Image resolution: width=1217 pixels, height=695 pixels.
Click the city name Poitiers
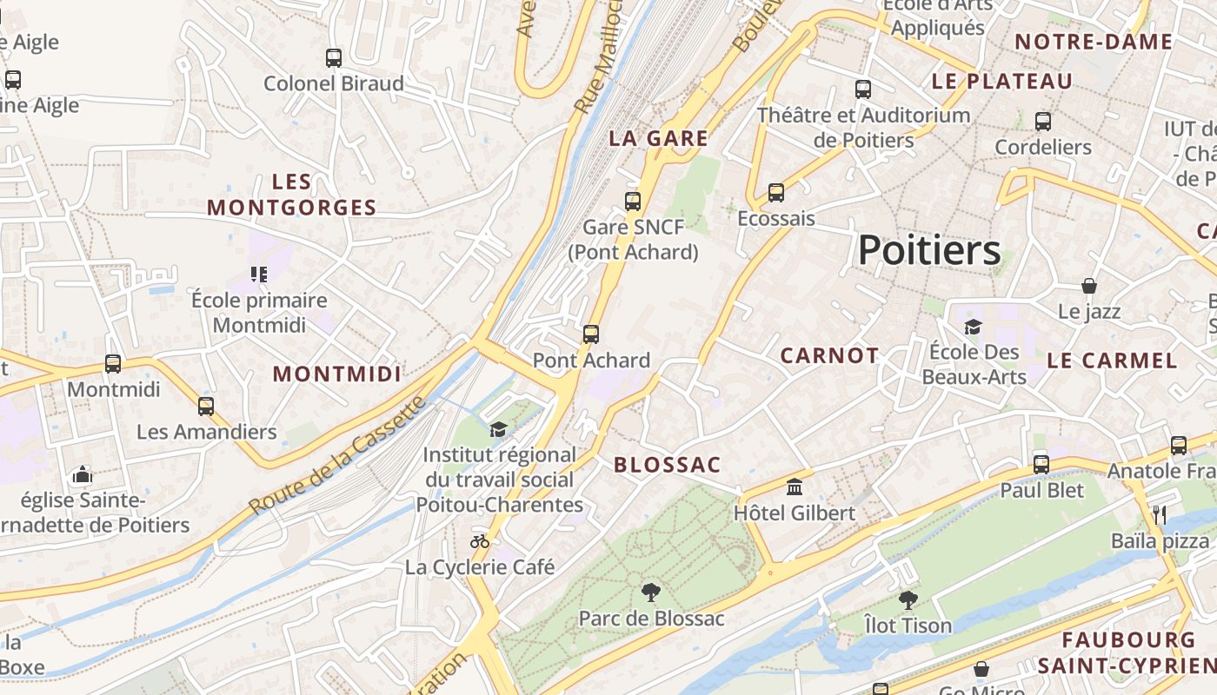pyautogui.click(x=929, y=251)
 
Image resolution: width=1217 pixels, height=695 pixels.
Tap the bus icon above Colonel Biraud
pyautogui.click(x=334, y=58)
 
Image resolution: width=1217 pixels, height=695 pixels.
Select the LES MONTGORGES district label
pyautogui.click(x=292, y=195)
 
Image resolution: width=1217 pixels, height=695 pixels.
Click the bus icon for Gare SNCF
pyautogui.click(x=633, y=202)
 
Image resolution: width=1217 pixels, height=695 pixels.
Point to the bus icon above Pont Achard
pyautogui.click(x=591, y=334)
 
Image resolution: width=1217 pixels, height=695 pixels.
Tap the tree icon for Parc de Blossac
pyautogui.click(x=650, y=593)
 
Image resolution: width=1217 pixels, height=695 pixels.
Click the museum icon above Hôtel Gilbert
pyautogui.click(x=795, y=486)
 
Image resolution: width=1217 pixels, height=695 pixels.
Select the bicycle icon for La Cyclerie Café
pyautogui.click(x=480, y=541)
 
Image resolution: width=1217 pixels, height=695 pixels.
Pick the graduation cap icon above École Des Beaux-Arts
pyautogui.click(x=973, y=327)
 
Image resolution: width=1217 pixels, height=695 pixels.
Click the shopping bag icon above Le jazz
pyautogui.click(x=1089, y=286)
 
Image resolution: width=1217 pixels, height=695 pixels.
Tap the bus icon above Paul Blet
pyautogui.click(x=1041, y=464)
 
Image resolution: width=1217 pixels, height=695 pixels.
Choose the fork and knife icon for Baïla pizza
pyautogui.click(x=1160, y=514)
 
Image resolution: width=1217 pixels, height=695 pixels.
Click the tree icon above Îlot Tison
pyautogui.click(x=908, y=599)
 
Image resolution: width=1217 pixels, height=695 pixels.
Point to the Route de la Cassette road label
pyautogui.click(x=337, y=454)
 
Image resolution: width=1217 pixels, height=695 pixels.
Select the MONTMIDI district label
pyautogui.click(x=337, y=374)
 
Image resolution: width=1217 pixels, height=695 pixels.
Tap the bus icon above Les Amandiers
pyautogui.click(x=206, y=406)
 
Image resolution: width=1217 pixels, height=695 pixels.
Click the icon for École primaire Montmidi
pyautogui.click(x=259, y=275)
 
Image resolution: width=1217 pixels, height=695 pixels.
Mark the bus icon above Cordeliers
pyautogui.click(x=1043, y=122)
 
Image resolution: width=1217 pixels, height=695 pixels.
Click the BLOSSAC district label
pyautogui.click(x=668, y=465)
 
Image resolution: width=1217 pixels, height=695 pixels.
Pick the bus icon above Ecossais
pyautogui.click(x=776, y=193)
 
